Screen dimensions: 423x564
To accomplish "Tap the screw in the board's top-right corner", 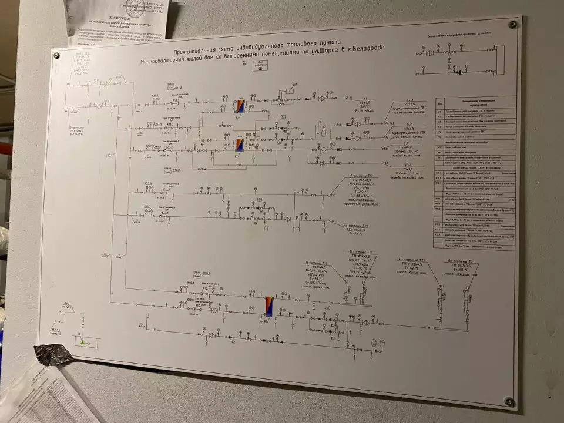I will click(x=512, y=25).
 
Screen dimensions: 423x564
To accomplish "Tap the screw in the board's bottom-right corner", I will click(x=509, y=401).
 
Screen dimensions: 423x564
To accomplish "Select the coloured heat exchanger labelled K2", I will click(x=240, y=145).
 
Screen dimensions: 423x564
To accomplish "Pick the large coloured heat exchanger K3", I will click(x=269, y=305).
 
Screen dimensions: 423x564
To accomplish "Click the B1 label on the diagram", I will click(x=364, y=98).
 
